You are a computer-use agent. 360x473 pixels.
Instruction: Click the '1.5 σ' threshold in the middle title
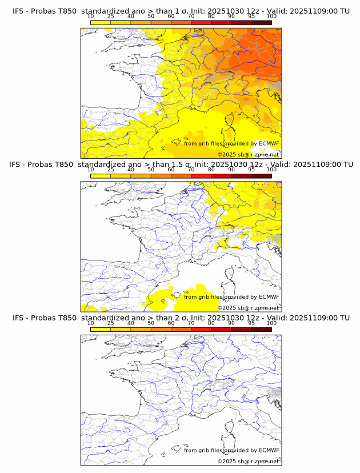coord(187,165)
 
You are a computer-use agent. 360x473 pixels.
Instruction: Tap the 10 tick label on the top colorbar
coord(90,16)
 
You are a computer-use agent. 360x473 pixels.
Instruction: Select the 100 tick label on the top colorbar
coord(271,16)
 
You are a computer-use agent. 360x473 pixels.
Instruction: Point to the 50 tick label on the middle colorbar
coord(151,170)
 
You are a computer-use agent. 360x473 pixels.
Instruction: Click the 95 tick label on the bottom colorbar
coord(251,323)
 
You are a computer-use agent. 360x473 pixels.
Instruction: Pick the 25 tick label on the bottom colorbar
coord(110,323)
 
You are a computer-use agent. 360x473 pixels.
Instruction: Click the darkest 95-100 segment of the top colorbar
coord(261,22)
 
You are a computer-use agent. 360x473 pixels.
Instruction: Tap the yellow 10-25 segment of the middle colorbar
coord(100,176)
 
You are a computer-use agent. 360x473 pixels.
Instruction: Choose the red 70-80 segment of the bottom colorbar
coord(201,329)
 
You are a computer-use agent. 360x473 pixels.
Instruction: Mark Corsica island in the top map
coord(231,121)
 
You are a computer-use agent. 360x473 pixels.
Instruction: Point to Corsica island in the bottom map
coord(231,427)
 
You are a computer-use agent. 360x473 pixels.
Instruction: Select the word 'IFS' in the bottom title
coord(18,318)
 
